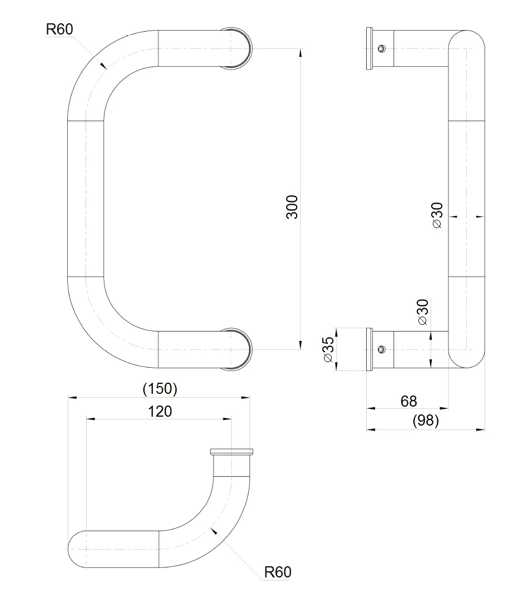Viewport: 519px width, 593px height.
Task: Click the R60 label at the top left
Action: [59, 29]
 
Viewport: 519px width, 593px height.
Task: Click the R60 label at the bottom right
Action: [278, 572]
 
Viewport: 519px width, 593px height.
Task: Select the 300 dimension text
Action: [292, 207]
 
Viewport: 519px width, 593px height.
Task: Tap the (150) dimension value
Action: [160, 389]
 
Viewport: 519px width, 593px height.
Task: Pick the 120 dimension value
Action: [160, 412]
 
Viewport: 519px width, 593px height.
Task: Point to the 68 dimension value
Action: [409, 401]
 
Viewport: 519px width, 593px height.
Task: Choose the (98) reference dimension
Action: [426, 421]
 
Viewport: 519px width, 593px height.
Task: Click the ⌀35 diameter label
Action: [329, 349]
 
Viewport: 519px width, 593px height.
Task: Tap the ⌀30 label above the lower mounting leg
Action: [423, 312]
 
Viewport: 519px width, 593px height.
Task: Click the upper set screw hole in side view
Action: [382, 48]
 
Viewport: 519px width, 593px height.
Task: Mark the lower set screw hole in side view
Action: [382, 349]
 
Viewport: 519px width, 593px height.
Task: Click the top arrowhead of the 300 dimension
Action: [301, 52]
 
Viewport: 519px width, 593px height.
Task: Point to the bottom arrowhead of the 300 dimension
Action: [301, 345]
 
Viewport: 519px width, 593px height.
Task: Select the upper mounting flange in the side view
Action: [370, 48]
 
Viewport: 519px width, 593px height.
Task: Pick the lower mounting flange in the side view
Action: [370, 349]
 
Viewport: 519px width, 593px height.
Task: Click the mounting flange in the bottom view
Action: [232, 451]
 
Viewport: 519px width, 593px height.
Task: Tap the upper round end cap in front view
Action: [237, 48]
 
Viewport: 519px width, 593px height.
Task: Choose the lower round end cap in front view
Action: [237, 349]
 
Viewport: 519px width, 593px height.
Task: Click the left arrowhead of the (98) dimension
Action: [371, 429]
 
